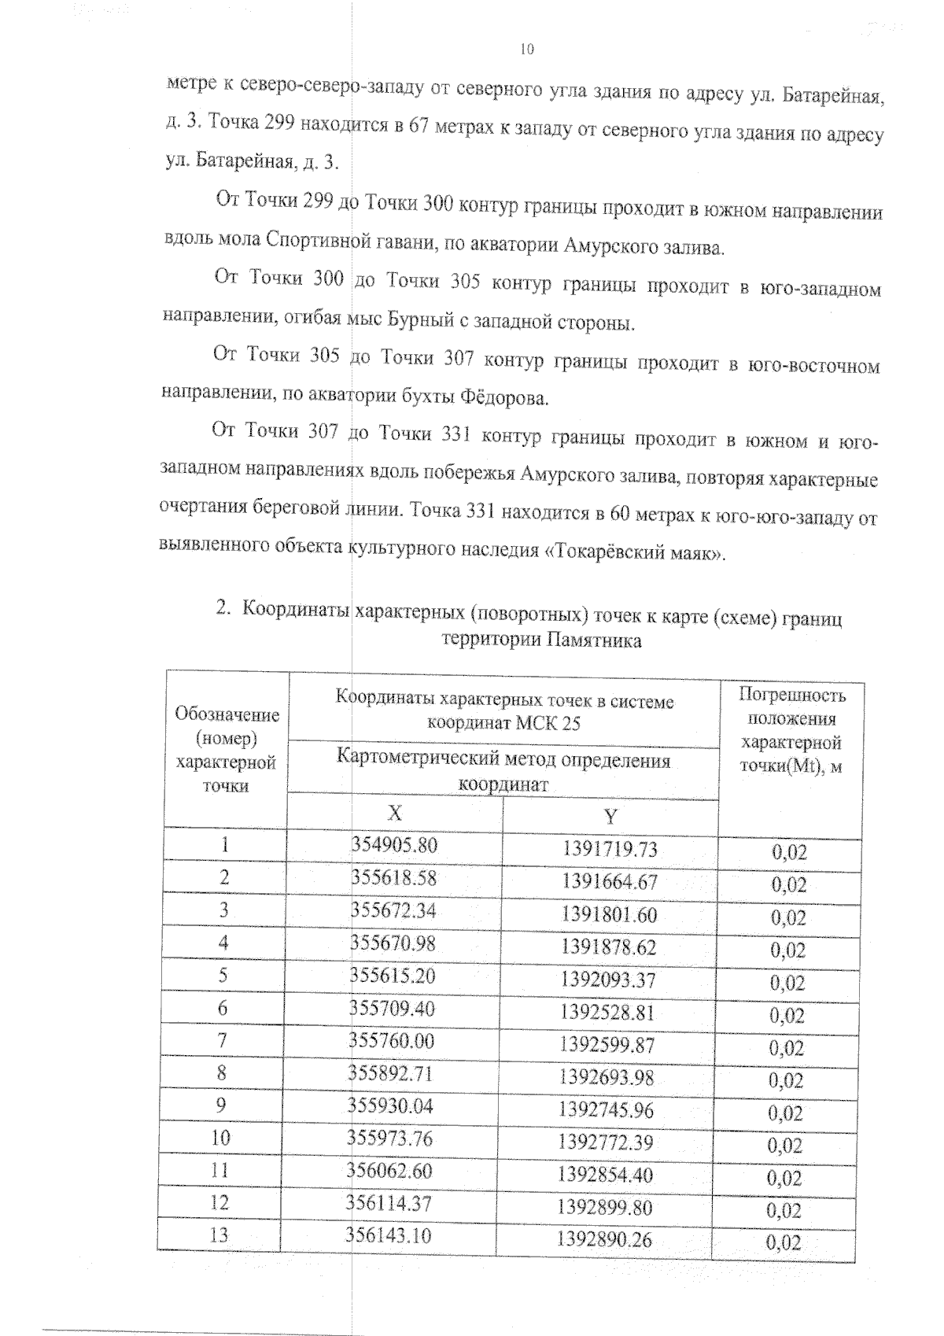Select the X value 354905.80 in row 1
coord(393,845)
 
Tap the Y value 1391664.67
coord(609,882)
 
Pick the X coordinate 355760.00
coord(392,1041)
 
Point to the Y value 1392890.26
coord(604,1240)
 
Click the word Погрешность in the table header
coord(792,696)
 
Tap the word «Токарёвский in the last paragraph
coord(609,552)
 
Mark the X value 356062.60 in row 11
coord(390,1171)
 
